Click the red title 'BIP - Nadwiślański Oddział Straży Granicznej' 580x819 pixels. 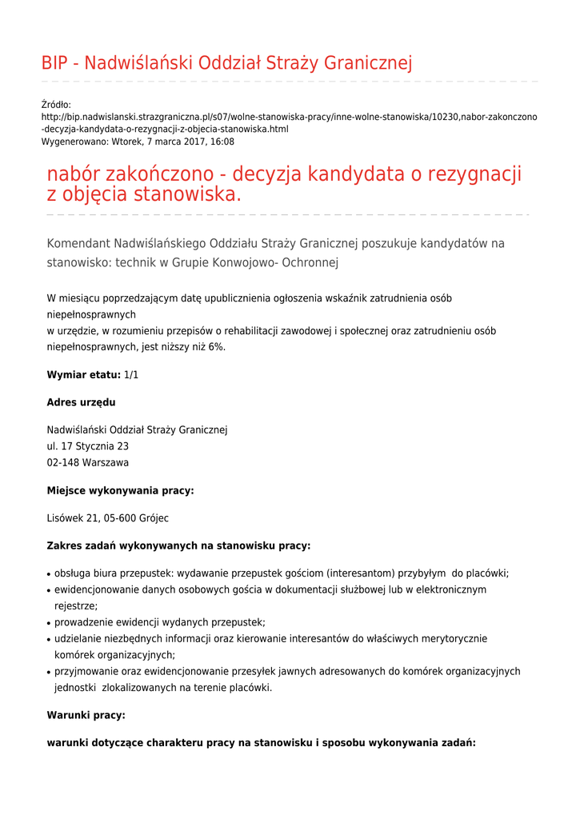pyautogui.click(x=226, y=63)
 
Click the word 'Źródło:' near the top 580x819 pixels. pyautogui.click(x=56, y=105)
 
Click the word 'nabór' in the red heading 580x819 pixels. pyautogui.click(x=75, y=174)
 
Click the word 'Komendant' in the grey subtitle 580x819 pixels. pyautogui.click(x=78, y=243)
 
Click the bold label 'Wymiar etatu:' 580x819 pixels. pyautogui.click(x=83, y=374)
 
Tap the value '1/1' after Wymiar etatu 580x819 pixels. pyautogui.click(x=131, y=374)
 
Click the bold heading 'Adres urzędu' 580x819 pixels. pyautogui.click(x=81, y=402)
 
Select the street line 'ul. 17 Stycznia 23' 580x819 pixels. pyautogui.click(x=88, y=446)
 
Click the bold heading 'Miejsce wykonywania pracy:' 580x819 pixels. pyautogui.click(x=120, y=490)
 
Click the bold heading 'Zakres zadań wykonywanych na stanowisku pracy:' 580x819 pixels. pyautogui.click(x=178, y=545)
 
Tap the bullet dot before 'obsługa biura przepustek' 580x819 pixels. pyautogui.click(x=49, y=574)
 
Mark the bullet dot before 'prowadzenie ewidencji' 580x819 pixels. pyautogui.click(x=49, y=623)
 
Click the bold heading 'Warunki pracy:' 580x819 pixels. pyautogui.click(x=86, y=715)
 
